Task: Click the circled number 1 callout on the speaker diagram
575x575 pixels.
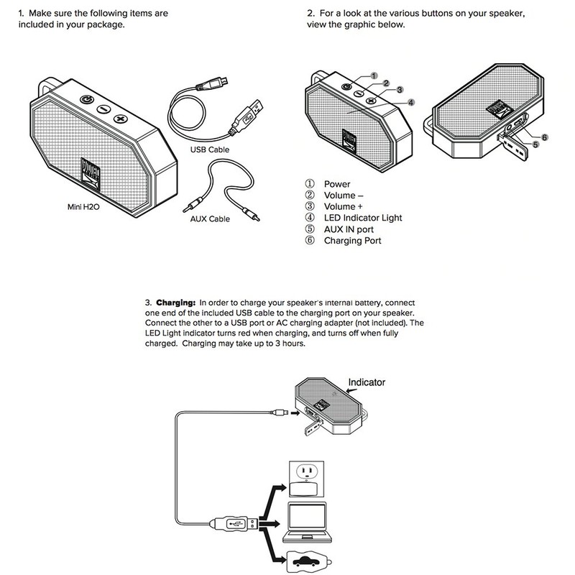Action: [374, 75]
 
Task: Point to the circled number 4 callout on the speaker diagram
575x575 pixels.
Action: [410, 103]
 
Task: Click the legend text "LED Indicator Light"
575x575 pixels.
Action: [362, 218]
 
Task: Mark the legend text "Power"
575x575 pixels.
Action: [337, 185]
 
